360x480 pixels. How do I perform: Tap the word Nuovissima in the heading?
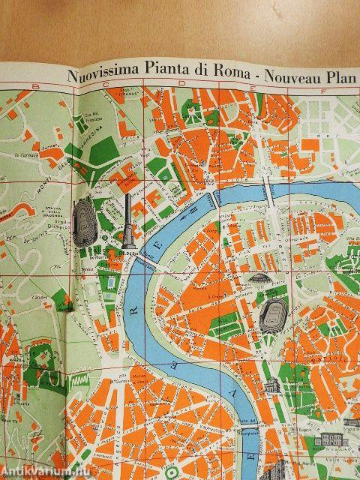pos(101,74)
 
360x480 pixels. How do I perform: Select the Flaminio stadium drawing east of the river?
pos(274,318)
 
